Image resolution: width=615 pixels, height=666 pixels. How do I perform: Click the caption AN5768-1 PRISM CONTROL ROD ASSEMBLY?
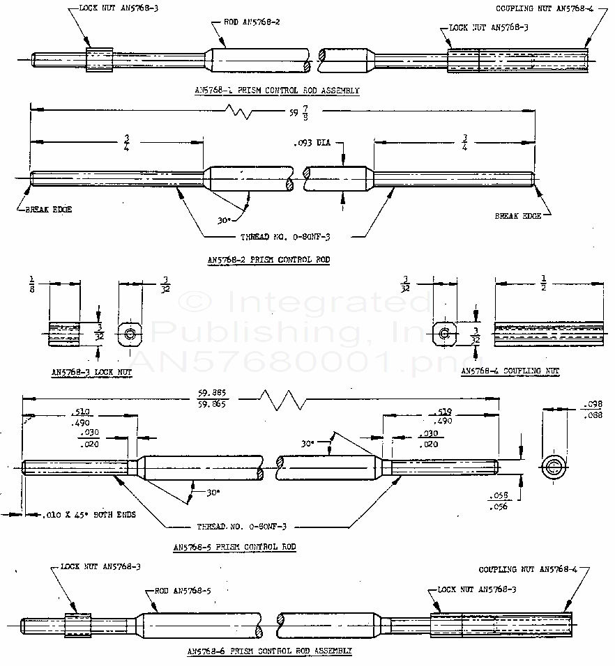point(278,91)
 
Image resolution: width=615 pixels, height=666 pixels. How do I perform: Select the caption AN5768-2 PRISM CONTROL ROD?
point(268,260)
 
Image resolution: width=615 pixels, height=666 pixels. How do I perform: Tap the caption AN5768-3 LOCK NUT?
point(91,372)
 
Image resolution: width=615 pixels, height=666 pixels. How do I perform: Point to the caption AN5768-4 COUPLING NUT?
point(510,371)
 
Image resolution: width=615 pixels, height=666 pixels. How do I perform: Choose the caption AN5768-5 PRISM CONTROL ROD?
point(234,547)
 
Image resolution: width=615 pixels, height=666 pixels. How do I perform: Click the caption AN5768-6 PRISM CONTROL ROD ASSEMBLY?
point(269,651)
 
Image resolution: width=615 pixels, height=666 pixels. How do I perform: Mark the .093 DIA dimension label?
point(312,144)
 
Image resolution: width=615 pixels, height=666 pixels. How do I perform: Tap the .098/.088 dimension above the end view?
point(591,409)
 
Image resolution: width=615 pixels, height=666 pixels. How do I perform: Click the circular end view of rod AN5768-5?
point(555,466)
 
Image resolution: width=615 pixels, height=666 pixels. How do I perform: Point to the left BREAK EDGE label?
point(49,209)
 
